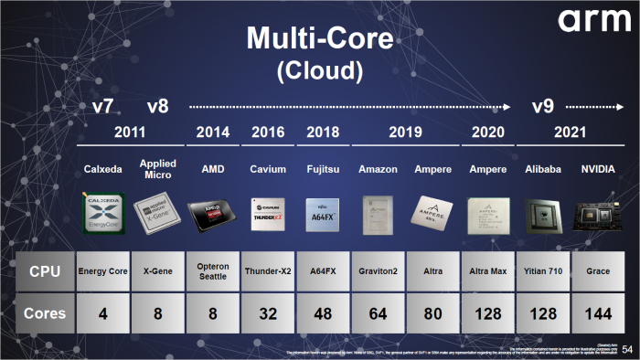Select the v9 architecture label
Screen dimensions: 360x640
545,107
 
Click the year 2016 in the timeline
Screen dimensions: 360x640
267,132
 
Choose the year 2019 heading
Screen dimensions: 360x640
405,132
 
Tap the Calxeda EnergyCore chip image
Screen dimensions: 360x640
103,212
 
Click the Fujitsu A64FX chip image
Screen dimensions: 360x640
322,212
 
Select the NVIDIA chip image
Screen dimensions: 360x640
597,213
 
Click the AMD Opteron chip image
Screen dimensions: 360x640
212,213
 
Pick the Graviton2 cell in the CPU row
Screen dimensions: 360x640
378,270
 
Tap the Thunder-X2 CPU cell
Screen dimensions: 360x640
267,270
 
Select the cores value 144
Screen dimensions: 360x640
597,313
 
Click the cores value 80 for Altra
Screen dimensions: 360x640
432,313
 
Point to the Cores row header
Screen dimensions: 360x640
45,313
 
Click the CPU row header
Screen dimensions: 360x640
45,270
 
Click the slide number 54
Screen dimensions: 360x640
626,349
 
